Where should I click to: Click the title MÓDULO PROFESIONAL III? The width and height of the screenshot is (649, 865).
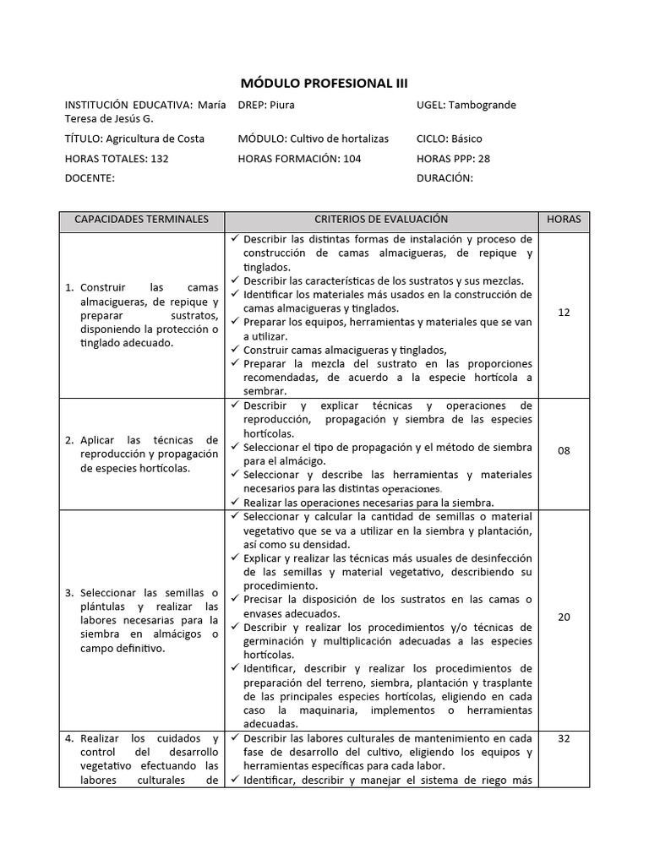(x=324, y=83)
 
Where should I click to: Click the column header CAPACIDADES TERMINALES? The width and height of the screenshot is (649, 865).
(x=141, y=219)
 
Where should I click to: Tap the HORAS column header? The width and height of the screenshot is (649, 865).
(x=564, y=219)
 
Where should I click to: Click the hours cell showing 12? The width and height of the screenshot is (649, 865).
(x=564, y=313)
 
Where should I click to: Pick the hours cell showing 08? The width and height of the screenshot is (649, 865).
(x=564, y=451)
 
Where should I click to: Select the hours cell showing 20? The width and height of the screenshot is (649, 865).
(x=564, y=617)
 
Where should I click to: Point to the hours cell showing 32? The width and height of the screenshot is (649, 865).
(x=564, y=738)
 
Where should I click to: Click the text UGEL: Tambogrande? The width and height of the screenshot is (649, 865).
(x=466, y=106)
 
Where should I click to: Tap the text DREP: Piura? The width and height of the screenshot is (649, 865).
(x=266, y=106)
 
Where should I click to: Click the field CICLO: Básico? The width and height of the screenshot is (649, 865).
(x=450, y=139)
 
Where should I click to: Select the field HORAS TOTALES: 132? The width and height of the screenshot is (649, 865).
(x=117, y=158)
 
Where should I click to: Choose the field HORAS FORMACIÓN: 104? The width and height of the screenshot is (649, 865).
(x=299, y=158)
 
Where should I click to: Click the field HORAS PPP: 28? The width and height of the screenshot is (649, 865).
(x=453, y=158)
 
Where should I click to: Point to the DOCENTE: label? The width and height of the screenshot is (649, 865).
(x=90, y=178)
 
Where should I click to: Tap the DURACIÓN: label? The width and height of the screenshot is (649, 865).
(x=444, y=178)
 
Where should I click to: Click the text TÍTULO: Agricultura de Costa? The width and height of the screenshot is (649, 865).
(x=134, y=139)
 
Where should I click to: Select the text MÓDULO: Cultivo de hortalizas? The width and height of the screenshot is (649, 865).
(x=314, y=139)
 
